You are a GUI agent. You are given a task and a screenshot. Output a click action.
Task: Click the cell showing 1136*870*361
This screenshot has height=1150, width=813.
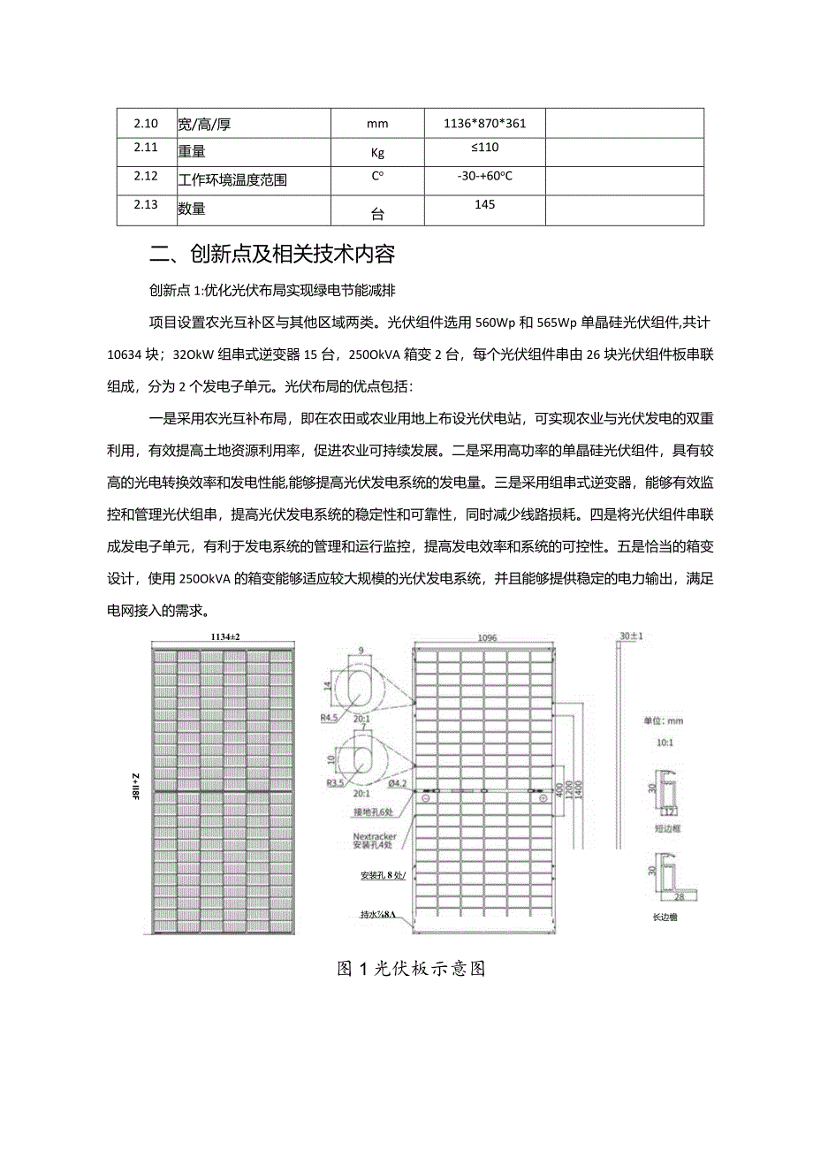[484, 124]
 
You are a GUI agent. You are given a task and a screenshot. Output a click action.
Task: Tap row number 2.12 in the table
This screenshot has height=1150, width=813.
[145, 176]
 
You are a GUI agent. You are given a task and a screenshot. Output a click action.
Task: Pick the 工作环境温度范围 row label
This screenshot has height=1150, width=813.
[232, 180]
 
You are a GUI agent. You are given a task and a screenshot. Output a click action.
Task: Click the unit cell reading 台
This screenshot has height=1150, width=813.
[377, 212]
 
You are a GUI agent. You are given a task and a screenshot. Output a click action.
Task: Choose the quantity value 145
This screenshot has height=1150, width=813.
[484, 204]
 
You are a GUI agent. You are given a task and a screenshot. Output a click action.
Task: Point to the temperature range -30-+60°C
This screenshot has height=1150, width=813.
[485, 176]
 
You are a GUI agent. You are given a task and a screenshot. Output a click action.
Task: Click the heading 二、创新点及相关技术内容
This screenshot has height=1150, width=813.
[272, 255]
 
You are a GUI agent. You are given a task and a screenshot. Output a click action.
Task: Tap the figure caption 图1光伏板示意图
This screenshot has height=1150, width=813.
[412, 968]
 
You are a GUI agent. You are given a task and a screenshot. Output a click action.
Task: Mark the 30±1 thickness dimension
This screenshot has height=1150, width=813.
[630, 636]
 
